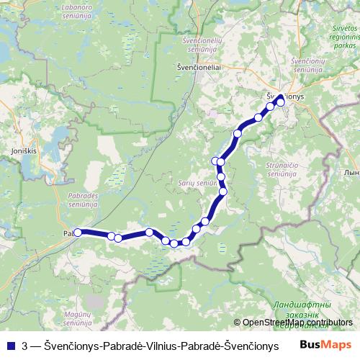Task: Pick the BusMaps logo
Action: tap(325, 345)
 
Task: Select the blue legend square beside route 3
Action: tap(11, 346)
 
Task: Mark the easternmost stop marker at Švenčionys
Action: tap(281, 102)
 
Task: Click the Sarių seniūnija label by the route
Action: tap(197, 184)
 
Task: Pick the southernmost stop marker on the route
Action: tap(174, 243)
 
